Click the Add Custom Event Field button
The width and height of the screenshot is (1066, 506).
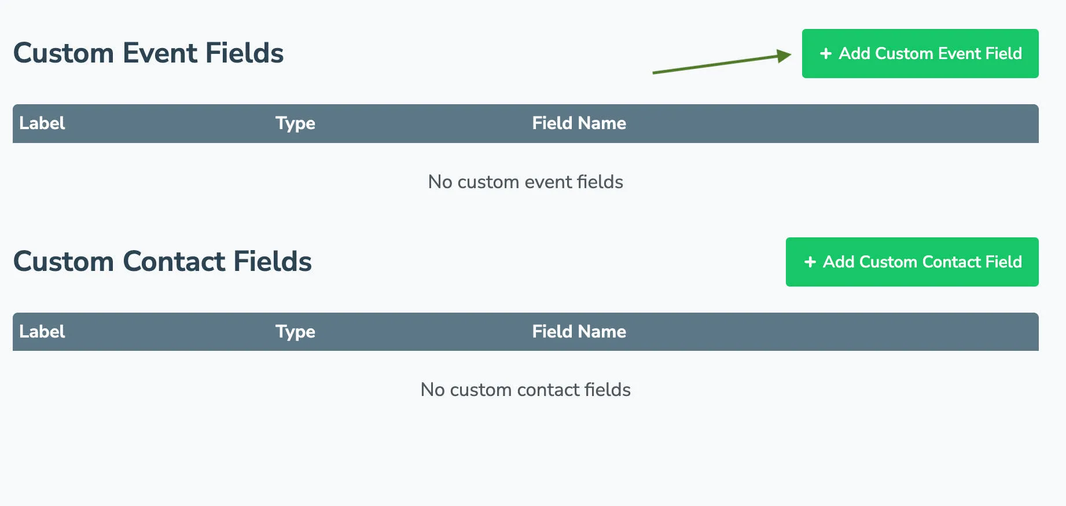coord(920,53)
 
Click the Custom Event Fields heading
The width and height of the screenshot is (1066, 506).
coord(148,53)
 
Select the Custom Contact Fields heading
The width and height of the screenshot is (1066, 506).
coord(162,262)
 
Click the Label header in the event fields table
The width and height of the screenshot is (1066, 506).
coord(42,123)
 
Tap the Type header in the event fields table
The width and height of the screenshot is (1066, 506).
coord(295,123)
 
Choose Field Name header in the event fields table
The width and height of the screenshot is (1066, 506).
coord(579,123)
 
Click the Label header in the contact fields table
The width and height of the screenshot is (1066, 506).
coord(42,332)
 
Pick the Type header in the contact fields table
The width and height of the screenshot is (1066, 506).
coord(295,332)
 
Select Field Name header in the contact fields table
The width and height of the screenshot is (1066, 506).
coord(579,332)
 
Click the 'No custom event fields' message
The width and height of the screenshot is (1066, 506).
coord(525,182)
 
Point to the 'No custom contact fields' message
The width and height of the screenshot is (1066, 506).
coord(525,390)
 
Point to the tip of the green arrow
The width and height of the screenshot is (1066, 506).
coord(790,55)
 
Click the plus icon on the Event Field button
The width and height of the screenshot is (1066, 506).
coord(826,54)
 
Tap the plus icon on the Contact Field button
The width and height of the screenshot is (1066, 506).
coord(810,262)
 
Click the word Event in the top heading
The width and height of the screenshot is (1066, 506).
coord(160,53)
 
